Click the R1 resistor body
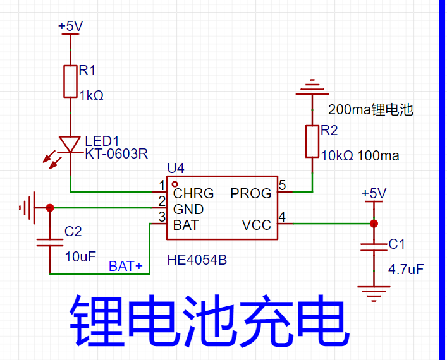70,81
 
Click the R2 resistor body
312,141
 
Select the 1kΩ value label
91,96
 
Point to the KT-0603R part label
116,154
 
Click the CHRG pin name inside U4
193,194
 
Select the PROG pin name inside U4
251,194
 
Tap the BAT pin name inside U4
186,225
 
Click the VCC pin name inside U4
257,225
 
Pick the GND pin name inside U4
188,209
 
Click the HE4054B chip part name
197,260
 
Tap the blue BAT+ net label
126,267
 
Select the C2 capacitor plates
50,243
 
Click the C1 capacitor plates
374,247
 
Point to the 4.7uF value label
406,270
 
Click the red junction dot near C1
374,224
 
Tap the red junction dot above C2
50,208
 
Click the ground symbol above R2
312,87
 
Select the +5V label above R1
70,27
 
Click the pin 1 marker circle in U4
175,184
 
